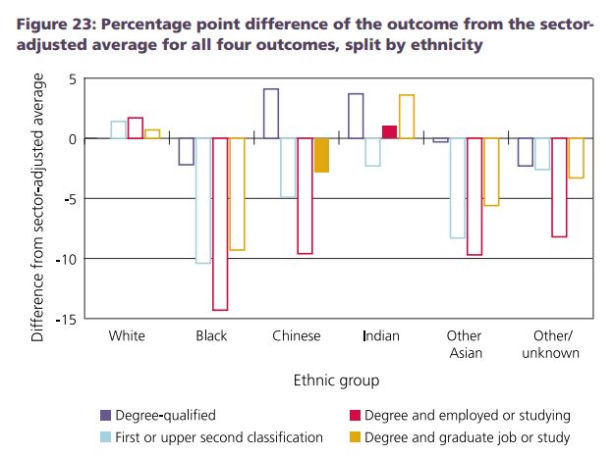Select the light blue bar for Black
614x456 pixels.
[x=202, y=200]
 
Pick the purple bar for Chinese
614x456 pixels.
[x=271, y=114]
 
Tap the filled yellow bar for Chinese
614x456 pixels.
[x=321, y=155]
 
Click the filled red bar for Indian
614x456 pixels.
[x=389, y=132]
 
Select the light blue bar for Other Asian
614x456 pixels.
[x=457, y=188]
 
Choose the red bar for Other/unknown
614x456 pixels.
[x=559, y=187]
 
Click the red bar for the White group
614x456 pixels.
[x=135, y=127]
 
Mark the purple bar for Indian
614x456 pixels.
[x=356, y=116]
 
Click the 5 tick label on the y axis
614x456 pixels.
[x=72, y=78]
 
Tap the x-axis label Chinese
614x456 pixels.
[x=297, y=336]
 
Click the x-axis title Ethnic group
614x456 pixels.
[x=336, y=380]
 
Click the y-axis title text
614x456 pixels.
[x=38, y=208]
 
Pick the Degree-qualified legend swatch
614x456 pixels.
[x=105, y=416]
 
